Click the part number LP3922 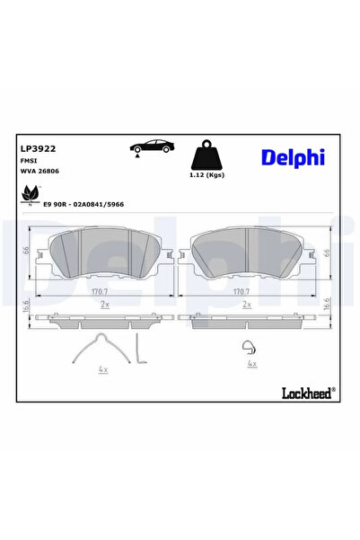click(x=34, y=151)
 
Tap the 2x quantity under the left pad click(x=104, y=305)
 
